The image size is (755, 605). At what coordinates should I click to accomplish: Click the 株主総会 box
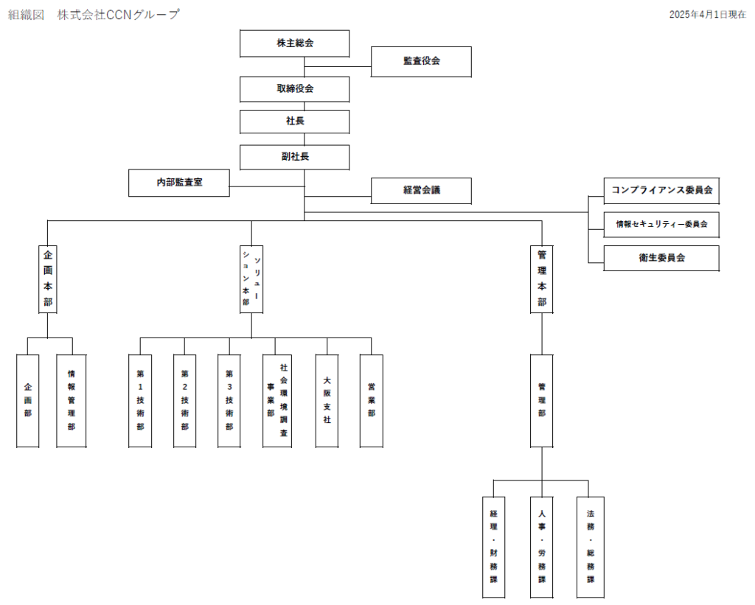pyautogui.click(x=294, y=43)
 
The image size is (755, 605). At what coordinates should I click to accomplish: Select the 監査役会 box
pyautogui.click(x=421, y=61)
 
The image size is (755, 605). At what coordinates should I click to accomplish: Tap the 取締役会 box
pyautogui.click(x=294, y=88)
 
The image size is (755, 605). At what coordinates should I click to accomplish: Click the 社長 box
pyautogui.click(x=294, y=121)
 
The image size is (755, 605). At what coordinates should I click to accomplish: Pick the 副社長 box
pyautogui.click(x=294, y=156)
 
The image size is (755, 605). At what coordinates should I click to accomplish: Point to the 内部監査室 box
pyautogui.click(x=179, y=183)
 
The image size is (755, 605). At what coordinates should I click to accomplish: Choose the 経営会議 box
pyautogui.click(x=421, y=190)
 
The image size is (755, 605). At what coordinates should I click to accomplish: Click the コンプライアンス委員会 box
pyautogui.click(x=661, y=190)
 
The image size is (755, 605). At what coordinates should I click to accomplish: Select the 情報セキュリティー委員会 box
pyautogui.click(x=661, y=224)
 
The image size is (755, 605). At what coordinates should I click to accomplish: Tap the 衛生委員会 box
pyautogui.click(x=661, y=258)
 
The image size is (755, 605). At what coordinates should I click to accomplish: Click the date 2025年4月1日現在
pyautogui.click(x=707, y=15)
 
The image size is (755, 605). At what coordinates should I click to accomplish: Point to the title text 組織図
pyautogui.click(x=25, y=15)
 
